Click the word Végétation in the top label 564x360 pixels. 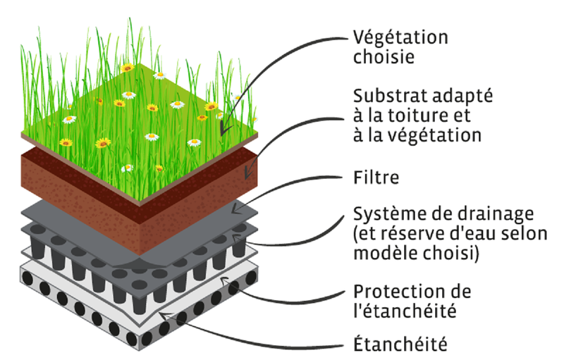click(x=400, y=37)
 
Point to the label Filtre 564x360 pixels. click(x=376, y=177)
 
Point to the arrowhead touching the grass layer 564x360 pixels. click(x=224, y=129)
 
